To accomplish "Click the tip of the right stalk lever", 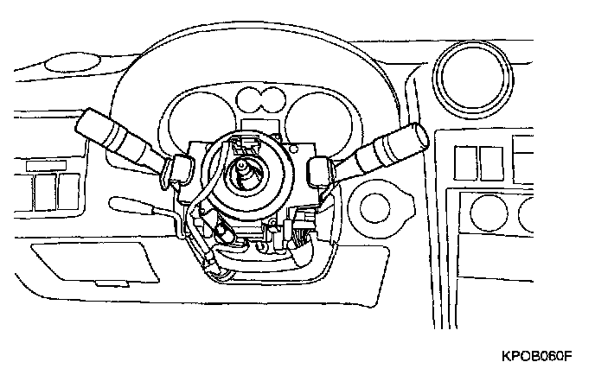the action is pyautogui.click(x=419, y=134).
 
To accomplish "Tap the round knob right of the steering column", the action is pyautogui.click(x=376, y=207).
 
